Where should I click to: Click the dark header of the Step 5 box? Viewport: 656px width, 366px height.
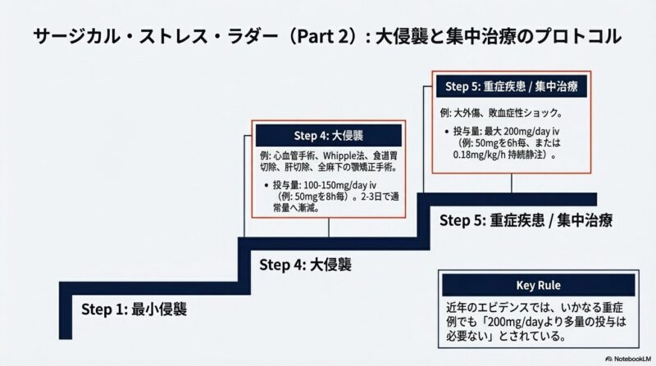pos(510,85)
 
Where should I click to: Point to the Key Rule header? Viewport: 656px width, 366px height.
pos(538,285)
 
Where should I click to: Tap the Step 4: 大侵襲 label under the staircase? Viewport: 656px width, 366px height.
pos(305,264)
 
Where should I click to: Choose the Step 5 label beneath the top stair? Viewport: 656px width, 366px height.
pos(526,220)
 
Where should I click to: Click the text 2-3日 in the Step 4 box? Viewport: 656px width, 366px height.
pos(364,198)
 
